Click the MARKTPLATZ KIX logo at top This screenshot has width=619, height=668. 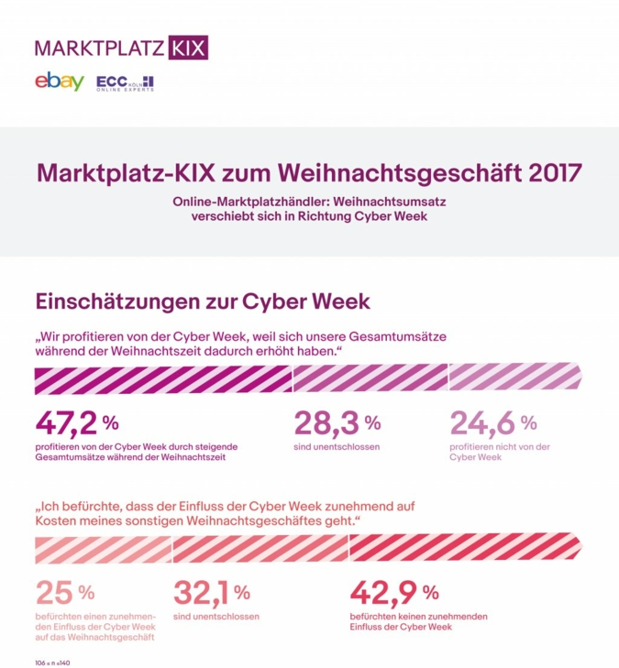tap(121, 47)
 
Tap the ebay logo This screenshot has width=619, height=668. tap(59, 82)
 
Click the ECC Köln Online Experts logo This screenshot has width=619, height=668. tap(125, 82)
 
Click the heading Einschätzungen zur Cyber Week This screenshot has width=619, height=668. tap(202, 301)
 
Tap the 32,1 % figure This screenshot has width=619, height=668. tap(211, 591)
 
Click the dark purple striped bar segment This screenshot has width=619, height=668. tap(163, 378)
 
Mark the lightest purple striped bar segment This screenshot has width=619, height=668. tap(516, 378)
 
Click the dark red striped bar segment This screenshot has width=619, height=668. tap(466, 547)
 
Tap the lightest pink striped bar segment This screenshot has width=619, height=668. tap(103, 547)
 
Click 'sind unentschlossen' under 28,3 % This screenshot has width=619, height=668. tap(337, 446)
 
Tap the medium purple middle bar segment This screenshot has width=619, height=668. tap(370, 378)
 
